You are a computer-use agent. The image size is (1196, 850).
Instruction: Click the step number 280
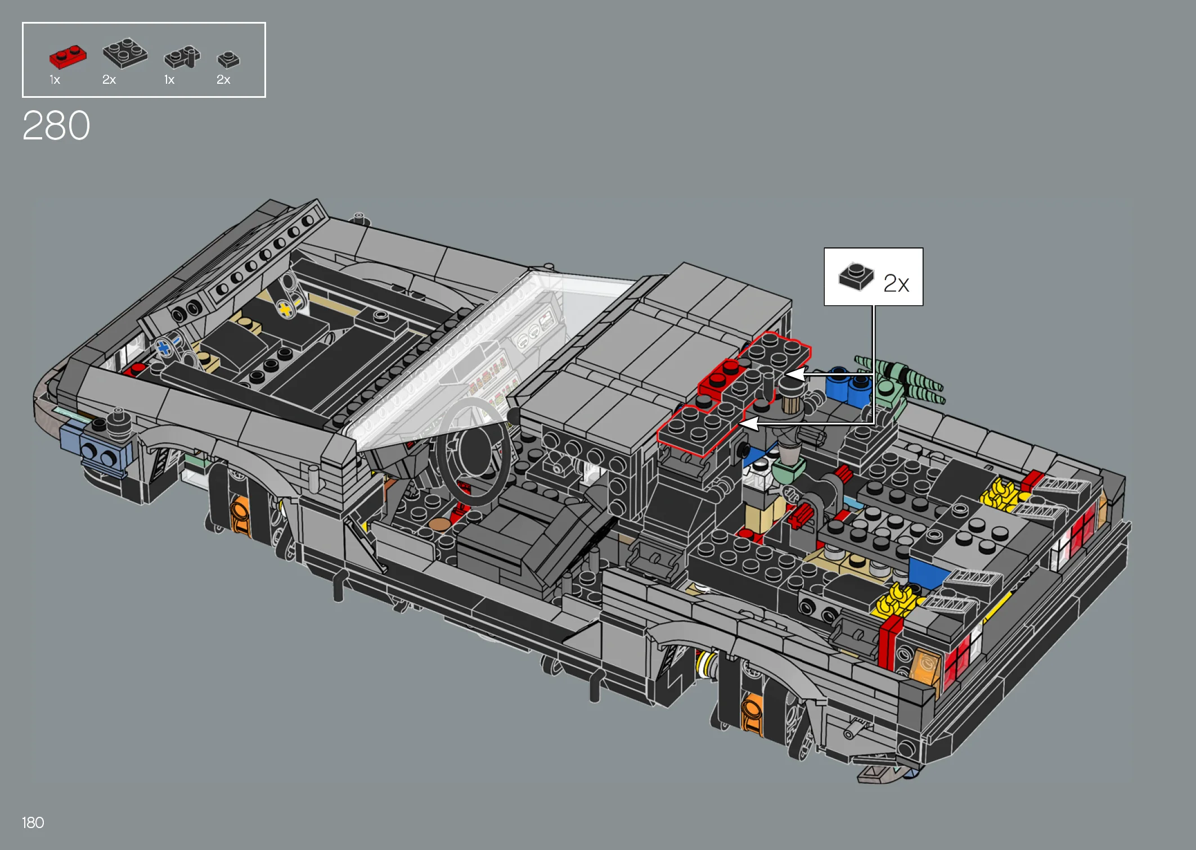pyautogui.click(x=56, y=125)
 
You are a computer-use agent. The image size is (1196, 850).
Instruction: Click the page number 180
pyautogui.click(x=33, y=822)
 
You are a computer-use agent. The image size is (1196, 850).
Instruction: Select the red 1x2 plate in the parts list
pyautogui.click(x=68, y=57)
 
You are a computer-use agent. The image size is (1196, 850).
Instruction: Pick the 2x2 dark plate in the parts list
pyautogui.click(x=125, y=53)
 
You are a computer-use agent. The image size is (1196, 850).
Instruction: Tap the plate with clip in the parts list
pyautogui.click(x=182, y=57)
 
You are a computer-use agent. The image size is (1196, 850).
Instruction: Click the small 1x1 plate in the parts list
pyautogui.click(x=228, y=59)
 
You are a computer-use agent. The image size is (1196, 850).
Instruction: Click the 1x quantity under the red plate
pyautogui.click(x=55, y=80)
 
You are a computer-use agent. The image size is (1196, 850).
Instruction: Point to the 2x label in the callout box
pyautogui.click(x=896, y=283)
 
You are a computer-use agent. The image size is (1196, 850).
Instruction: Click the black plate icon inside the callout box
pyautogui.click(x=856, y=276)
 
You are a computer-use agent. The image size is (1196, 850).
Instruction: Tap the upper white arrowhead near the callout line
pyautogui.click(x=794, y=374)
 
